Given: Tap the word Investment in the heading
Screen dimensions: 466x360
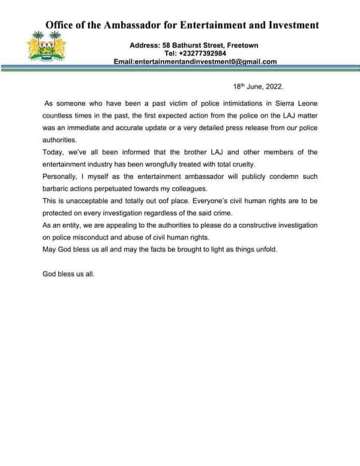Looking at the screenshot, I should point(287,25).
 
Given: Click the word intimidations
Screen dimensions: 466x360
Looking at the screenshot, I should point(215,103).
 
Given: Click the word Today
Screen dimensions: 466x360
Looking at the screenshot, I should point(53,152).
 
